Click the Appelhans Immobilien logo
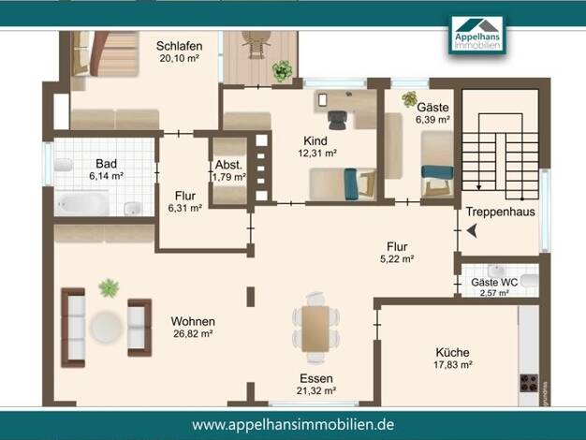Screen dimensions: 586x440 click(x=477, y=35)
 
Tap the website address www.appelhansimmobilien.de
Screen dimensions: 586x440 click(x=293, y=425)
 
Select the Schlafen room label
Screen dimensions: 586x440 click(x=180, y=46)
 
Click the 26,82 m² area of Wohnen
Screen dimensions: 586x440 click(x=193, y=333)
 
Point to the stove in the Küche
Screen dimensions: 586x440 click(x=529, y=383)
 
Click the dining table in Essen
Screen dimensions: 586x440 click(x=315, y=329)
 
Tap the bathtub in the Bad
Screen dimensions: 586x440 click(x=82, y=204)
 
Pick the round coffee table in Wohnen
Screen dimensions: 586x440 click(x=107, y=327)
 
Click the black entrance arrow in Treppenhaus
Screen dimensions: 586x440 click(x=472, y=231)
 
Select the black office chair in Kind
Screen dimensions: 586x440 click(x=338, y=119)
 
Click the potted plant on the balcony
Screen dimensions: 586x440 click(x=282, y=70)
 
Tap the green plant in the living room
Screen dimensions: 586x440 click(x=109, y=287)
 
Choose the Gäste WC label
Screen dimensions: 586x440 click(x=494, y=282)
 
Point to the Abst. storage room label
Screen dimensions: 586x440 click(x=228, y=165)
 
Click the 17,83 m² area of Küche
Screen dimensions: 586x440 click(x=453, y=364)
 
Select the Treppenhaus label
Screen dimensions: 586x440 click(x=501, y=212)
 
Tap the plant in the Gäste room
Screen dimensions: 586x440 click(x=410, y=98)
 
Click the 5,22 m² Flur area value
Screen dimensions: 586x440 click(x=397, y=258)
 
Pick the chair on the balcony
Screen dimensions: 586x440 click(x=256, y=44)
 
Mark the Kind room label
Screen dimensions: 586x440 click(x=315, y=141)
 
